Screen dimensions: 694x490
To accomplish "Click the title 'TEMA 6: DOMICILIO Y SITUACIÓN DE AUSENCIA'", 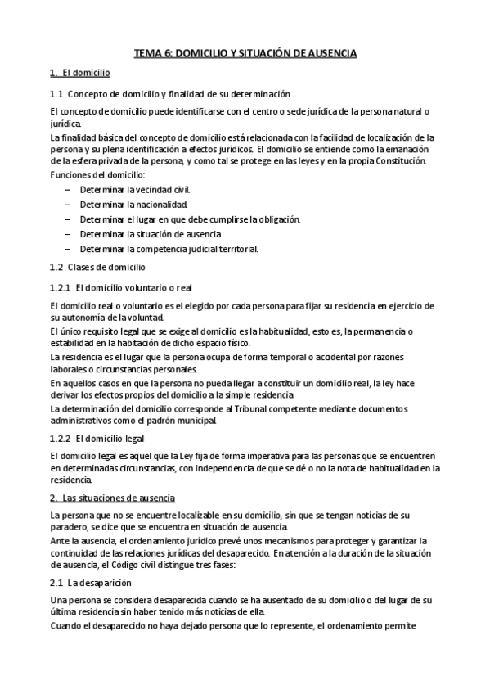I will tap(245, 53).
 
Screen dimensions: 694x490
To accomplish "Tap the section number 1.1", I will tap(56, 94).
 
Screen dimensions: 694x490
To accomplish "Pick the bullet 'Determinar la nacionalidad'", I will tap(128, 205).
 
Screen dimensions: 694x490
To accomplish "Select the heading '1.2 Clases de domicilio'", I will tap(97, 268).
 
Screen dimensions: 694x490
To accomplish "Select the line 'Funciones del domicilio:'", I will tap(97, 175).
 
